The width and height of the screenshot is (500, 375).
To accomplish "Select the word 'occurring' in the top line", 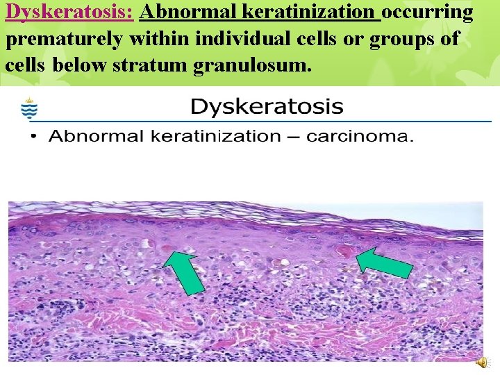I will point(428,12).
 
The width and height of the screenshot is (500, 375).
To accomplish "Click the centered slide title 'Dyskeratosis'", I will point(267,107).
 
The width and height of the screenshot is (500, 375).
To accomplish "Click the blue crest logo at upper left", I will point(29,108).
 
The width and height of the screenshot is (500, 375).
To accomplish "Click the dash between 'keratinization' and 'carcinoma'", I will point(294,137).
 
